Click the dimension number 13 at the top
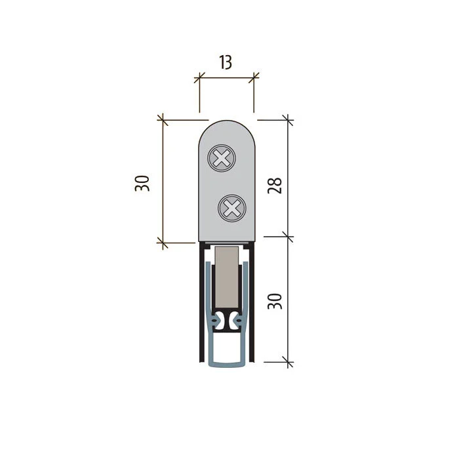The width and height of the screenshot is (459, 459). (225, 62)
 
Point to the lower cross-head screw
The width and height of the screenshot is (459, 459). (231, 209)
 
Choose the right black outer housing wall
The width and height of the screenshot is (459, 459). (253, 302)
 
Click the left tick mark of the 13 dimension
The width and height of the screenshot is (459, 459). (199, 79)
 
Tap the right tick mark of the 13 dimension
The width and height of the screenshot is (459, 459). (254, 79)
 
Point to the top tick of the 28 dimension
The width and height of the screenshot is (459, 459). (287, 120)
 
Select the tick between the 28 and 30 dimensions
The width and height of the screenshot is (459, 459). (287, 235)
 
